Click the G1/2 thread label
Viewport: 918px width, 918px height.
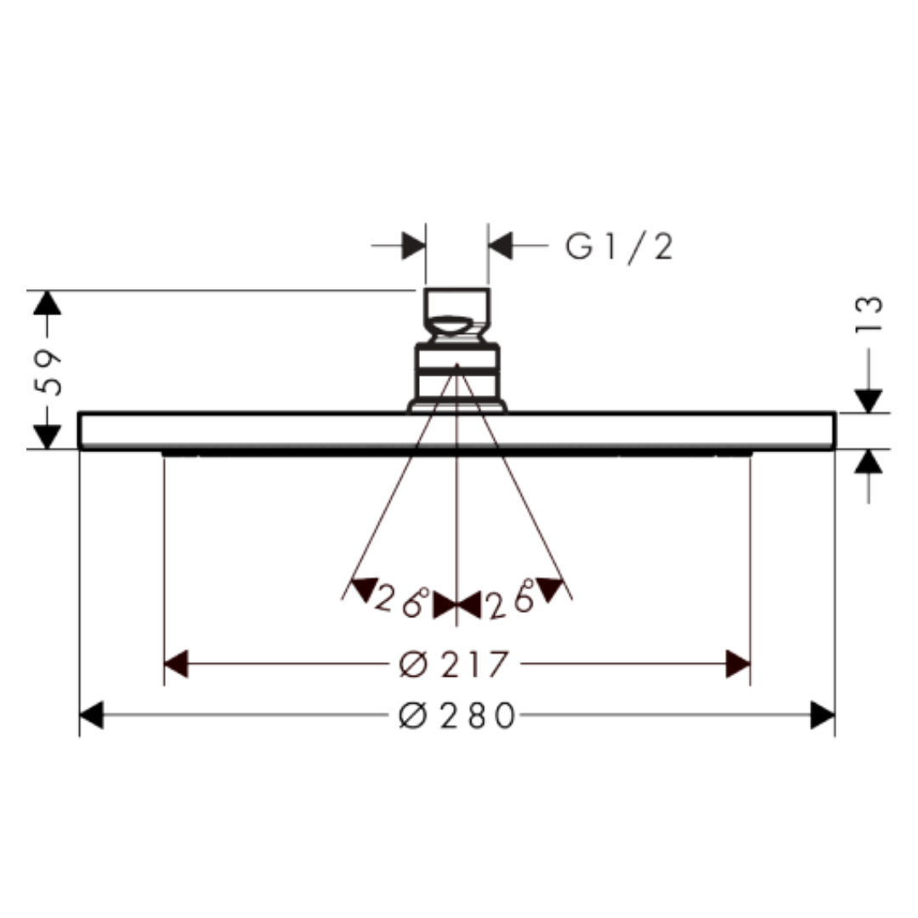[x=619, y=247]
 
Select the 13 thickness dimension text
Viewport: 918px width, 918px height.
[x=868, y=314]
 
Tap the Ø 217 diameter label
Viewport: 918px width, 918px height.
[x=453, y=665]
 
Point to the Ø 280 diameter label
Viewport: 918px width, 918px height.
[x=457, y=716]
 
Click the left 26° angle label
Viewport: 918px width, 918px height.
[x=401, y=599]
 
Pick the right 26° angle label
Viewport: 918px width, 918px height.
[x=511, y=598]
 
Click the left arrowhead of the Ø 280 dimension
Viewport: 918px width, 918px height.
[x=91, y=715]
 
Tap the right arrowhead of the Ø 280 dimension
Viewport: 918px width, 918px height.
[x=823, y=715]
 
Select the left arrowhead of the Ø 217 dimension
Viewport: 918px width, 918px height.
[x=176, y=664]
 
